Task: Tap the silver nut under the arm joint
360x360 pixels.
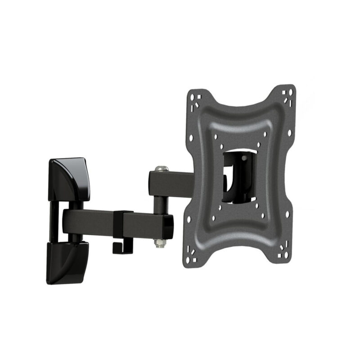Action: coord(158,243)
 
